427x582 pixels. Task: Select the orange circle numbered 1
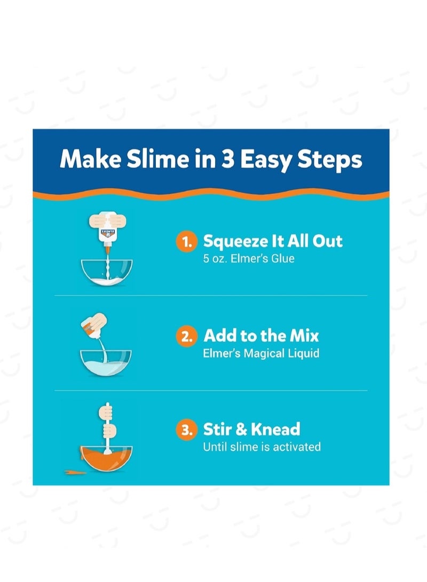[x=186, y=242]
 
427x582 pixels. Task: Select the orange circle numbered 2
[x=186, y=337]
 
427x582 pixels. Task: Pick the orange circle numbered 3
[x=186, y=430]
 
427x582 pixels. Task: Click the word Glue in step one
[x=282, y=259]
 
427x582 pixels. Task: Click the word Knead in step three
[x=276, y=429]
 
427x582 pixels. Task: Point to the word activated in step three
[x=297, y=447]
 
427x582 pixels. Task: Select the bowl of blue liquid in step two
[x=106, y=363]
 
